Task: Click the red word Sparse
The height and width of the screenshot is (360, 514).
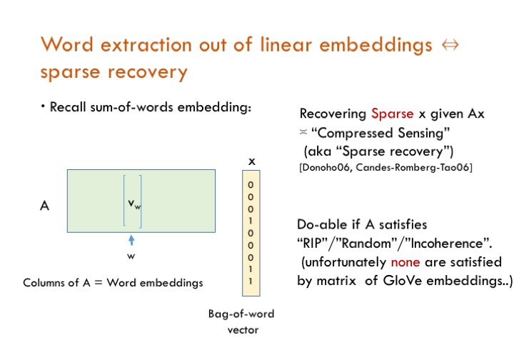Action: (x=392, y=114)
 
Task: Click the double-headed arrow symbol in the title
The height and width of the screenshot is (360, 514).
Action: (x=450, y=44)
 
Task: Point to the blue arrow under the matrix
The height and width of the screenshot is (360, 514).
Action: (x=132, y=241)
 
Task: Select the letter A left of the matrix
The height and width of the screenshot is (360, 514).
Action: (x=44, y=205)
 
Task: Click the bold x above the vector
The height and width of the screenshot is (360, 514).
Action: (x=251, y=162)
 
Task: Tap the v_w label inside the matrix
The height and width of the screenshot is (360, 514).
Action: (x=134, y=204)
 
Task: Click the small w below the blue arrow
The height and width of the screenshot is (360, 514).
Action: (x=132, y=255)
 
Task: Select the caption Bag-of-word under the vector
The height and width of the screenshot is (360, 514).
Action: (x=241, y=314)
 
